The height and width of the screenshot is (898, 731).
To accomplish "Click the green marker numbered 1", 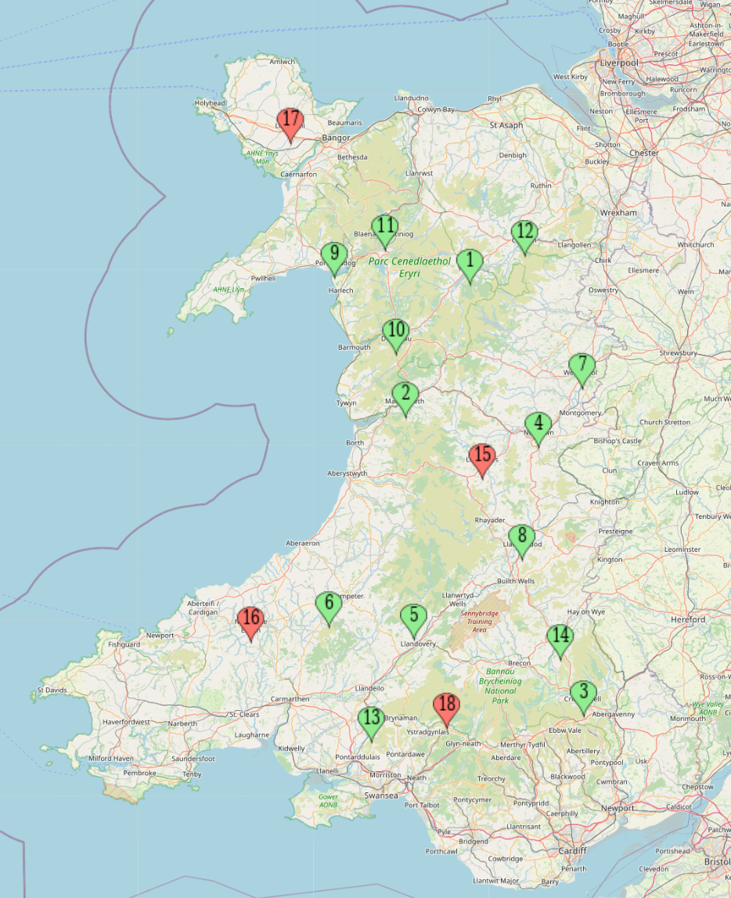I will pyautogui.click(x=470, y=263).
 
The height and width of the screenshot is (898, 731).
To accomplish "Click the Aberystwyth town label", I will pyautogui.click(x=347, y=474).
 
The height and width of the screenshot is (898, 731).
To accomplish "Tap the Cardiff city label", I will pyautogui.click(x=573, y=850).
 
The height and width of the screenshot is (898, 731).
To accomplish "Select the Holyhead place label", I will pyautogui.click(x=210, y=103).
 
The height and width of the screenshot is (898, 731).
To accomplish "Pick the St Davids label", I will pyautogui.click(x=52, y=691).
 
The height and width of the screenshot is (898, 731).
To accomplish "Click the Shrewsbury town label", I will pyautogui.click(x=678, y=354).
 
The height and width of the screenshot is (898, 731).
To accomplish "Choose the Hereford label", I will pyautogui.click(x=687, y=619).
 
